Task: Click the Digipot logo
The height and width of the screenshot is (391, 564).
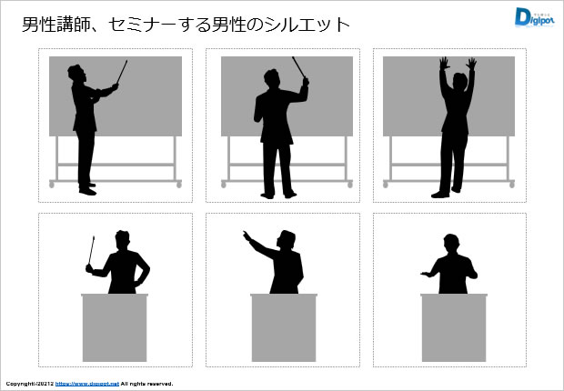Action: click(x=534, y=17)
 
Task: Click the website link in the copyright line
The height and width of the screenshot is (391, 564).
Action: click(x=87, y=384)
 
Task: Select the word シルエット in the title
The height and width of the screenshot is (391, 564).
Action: click(x=307, y=25)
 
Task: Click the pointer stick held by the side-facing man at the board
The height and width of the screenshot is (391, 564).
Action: click(x=122, y=72)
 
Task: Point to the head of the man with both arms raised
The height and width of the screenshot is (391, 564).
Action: click(x=459, y=81)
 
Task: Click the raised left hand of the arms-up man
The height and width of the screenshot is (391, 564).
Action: click(x=445, y=64)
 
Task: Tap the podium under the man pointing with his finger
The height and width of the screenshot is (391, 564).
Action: click(x=284, y=327)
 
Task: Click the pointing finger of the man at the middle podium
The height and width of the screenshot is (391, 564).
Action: click(x=246, y=235)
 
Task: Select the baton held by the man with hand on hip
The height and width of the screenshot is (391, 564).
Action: click(x=91, y=250)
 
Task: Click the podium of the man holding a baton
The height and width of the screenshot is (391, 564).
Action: click(x=115, y=327)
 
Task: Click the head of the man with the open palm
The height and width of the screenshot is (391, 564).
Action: click(x=451, y=244)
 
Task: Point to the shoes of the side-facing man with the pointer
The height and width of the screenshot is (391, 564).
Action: click(x=87, y=189)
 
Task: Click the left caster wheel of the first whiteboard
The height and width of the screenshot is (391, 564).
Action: click(x=52, y=185)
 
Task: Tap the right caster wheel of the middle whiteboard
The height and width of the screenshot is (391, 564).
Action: click(x=350, y=185)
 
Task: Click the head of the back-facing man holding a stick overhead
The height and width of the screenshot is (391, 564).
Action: click(x=272, y=78)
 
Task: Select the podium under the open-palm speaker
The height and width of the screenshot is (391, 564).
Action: click(x=454, y=327)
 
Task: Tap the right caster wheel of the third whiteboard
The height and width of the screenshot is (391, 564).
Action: click(x=512, y=185)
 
